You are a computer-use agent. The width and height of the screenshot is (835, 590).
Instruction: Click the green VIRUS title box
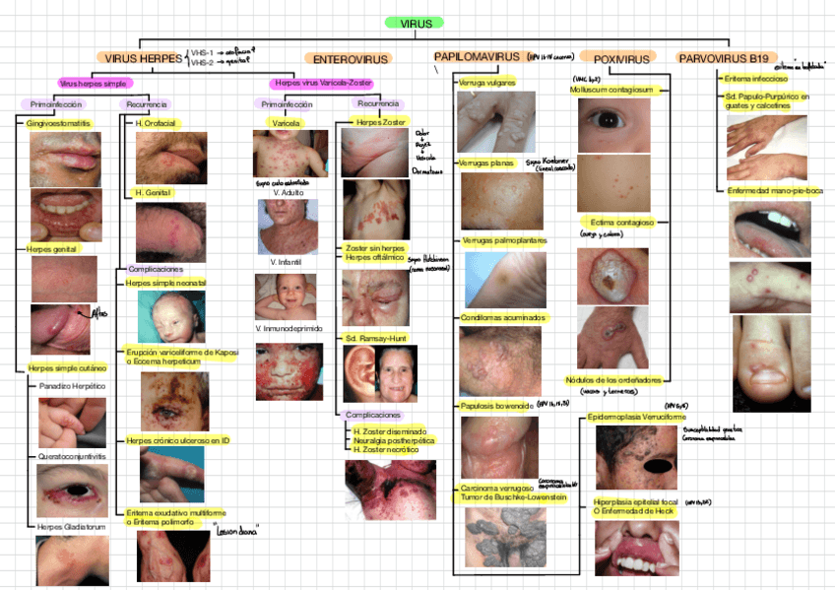416,23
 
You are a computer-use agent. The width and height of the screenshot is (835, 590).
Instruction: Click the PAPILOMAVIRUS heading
478,57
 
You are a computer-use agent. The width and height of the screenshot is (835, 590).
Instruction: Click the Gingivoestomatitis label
58,123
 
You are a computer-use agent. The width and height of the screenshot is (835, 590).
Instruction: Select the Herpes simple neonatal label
166,283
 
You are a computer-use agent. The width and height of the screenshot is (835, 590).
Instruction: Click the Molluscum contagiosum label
610,89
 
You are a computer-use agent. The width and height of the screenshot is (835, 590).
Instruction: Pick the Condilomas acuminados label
502,317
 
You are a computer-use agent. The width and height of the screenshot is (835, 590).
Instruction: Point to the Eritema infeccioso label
754,78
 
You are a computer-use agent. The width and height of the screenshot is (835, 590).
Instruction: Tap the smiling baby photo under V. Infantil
285,296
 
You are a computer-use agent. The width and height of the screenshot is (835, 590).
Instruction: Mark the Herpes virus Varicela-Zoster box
320,84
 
